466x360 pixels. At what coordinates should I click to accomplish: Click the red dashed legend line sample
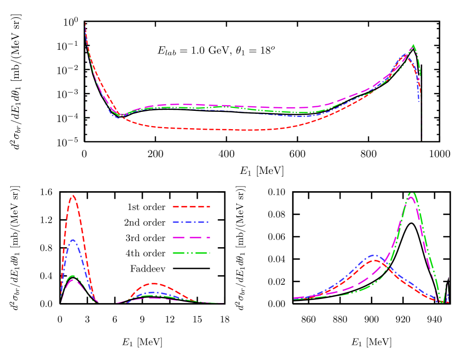click(192, 207)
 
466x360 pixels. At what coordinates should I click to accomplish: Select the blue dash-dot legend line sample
click(192, 222)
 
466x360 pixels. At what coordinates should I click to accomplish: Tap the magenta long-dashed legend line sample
click(192, 237)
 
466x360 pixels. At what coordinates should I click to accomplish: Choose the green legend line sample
click(192, 253)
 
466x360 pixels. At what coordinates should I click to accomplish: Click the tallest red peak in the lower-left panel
click(74, 196)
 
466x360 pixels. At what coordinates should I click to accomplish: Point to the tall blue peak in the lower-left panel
click(74, 240)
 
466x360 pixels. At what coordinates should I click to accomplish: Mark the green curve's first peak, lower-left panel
click(73, 276)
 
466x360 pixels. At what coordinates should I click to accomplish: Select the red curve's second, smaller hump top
click(154, 283)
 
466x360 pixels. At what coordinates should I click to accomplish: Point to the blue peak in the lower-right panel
click(375, 255)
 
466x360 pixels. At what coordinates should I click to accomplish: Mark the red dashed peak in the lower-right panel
click(376, 260)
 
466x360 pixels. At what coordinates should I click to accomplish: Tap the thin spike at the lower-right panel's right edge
click(448, 278)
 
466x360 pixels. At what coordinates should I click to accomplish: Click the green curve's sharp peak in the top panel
click(413, 45)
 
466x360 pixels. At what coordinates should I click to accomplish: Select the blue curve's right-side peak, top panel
click(406, 54)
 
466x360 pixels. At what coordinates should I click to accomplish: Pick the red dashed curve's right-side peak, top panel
click(409, 57)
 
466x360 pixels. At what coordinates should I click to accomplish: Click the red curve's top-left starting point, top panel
click(85, 23)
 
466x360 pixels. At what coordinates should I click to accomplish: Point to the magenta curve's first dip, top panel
click(122, 115)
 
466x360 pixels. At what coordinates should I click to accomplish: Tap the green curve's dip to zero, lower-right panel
click(442, 303)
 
